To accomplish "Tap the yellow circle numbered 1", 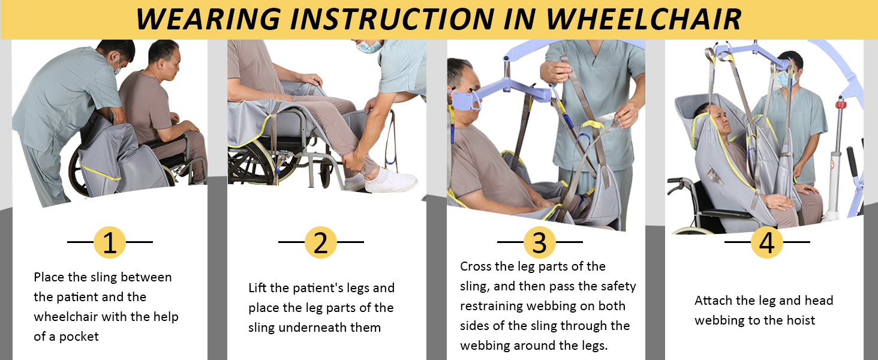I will point(110,242).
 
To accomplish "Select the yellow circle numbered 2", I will point(321,242).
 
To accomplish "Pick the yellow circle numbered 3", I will point(539,242).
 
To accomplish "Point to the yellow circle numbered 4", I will point(766,242).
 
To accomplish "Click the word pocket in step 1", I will point(79,337).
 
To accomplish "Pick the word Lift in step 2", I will point(258,288).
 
